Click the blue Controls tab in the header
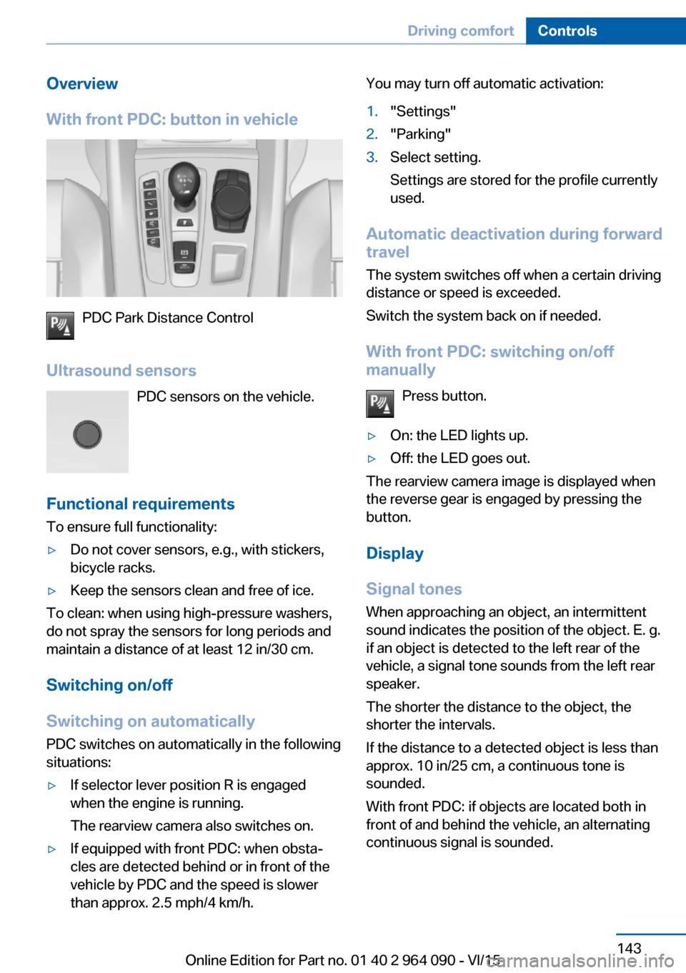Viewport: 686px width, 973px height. (x=567, y=31)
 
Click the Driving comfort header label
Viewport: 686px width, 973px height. (x=460, y=31)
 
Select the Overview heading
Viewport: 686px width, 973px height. (x=82, y=84)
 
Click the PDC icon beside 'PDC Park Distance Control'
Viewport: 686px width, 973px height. (x=60, y=325)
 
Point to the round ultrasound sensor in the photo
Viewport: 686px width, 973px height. (x=87, y=434)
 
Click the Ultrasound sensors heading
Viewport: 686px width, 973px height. (x=121, y=371)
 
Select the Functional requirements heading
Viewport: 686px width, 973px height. (x=140, y=504)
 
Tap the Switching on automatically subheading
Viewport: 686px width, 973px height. (x=150, y=721)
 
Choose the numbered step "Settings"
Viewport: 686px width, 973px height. (x=423, y=111)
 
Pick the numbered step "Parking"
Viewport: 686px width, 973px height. (x=420, y=134)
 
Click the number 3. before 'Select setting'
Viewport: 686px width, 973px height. (x=372, y=157)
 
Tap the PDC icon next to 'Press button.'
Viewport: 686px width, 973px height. (x=380, y=404)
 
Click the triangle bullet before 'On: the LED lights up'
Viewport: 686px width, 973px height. (x=372, y=436)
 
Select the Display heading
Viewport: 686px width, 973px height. (x=394, y=554)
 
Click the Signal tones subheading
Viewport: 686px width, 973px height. (x=414, y=589)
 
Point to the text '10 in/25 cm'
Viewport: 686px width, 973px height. (x=454, y=766)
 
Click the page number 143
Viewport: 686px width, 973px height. (x=629, y=948)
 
